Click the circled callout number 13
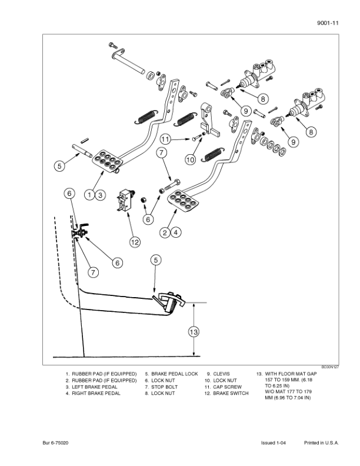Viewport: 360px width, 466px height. tap(194, 332)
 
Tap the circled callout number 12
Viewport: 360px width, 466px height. tap(135, 242)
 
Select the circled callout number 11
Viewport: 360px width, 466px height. tap(166, 139)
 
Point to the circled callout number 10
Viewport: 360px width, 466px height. tap(191, 159)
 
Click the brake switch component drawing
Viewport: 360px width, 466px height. tap(126, 201)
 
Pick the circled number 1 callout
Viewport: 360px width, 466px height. tap(89, 195)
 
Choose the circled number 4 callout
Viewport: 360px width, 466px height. tap(176, 232)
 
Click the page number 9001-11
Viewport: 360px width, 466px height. tap(328, 23)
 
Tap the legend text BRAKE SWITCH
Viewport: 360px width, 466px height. tap(231, 393)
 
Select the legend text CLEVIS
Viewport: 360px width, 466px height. tap(221, 374)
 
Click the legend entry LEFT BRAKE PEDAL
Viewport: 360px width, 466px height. tap(95, 387)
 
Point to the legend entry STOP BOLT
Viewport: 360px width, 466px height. tap(164, 387)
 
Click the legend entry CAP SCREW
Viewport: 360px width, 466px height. tap(227, 387)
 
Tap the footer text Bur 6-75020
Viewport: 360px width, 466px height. tap(55, 443)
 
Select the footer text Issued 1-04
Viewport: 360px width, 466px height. tap(274, 443)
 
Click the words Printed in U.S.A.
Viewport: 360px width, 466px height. tap(321, 443)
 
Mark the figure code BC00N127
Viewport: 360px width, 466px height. tap(330, 367)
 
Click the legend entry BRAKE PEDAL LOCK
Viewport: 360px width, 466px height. tap(174, 374)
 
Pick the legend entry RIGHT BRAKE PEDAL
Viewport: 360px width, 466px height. tap(96, 393)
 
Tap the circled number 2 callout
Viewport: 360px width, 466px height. tap(165, 232)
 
